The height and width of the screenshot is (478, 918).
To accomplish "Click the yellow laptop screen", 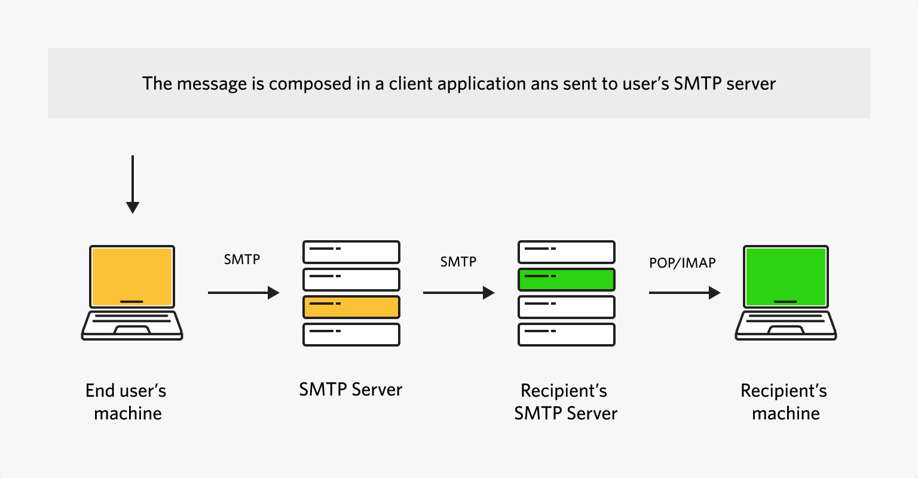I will point(131,275).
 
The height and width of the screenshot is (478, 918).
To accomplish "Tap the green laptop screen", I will point(785,275).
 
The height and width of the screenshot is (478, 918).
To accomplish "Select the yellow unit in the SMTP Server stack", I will point(351,307).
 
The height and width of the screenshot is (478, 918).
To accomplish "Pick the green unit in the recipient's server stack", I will point(566,280).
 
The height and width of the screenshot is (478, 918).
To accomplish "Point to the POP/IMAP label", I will point(682,262).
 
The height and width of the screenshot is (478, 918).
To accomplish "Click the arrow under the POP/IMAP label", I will point(684,293).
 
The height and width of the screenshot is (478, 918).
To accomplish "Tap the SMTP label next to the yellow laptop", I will point(242,259).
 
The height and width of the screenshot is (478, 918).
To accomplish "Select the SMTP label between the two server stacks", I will point(458,262).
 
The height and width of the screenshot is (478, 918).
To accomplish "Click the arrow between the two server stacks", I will point(458,293).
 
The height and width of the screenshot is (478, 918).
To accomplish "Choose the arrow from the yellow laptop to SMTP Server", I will point(243,293).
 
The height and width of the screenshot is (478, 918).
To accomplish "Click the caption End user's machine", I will point(127,402).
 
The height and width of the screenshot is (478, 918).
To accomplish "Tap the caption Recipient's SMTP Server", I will point(565,402).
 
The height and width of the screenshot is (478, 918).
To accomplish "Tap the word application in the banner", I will point(482,84).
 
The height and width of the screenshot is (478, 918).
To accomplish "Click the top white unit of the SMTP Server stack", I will point(351,252).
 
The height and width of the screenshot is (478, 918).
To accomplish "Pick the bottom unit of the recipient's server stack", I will point(566,335).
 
